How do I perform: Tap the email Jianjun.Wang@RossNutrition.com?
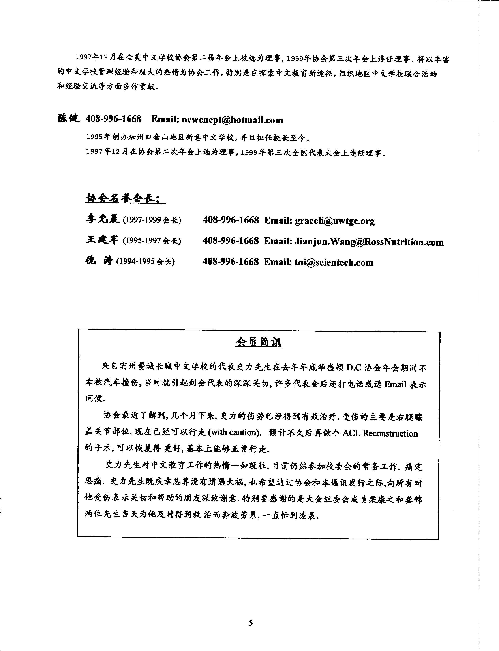point(369,242)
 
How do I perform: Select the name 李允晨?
point(102,219)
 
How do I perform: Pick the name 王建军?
point(102,240)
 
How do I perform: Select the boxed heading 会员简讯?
point(258,342)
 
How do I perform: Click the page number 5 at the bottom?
point(251,623)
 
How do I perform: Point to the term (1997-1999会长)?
point(152,220)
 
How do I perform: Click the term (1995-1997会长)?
point(152,240)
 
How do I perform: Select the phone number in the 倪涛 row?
point(231,262)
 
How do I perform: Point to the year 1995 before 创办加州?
point(94,137)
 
